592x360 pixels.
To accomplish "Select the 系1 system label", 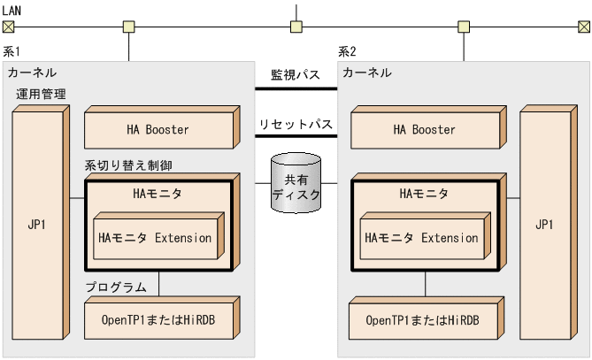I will (12, 52).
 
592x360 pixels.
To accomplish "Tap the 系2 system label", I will (348, 52).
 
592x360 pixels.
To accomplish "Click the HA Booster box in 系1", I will (158, 130).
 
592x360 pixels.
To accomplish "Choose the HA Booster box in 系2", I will (424, 130).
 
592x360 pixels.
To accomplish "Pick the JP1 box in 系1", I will (37, 224).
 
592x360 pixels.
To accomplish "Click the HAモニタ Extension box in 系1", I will (156, 238).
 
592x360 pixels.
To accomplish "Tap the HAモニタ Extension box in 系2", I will (422, 238).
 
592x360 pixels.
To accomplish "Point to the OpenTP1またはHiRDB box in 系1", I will (158, 318).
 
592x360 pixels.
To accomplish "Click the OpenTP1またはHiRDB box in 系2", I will (422, 318).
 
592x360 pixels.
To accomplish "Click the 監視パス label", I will (296, 75).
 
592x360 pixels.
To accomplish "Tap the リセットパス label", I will (296, 125).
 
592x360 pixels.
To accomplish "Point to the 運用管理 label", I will (41, 94).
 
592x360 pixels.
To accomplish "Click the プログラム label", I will (116, 287).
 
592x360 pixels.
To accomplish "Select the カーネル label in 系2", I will (366, 72).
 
